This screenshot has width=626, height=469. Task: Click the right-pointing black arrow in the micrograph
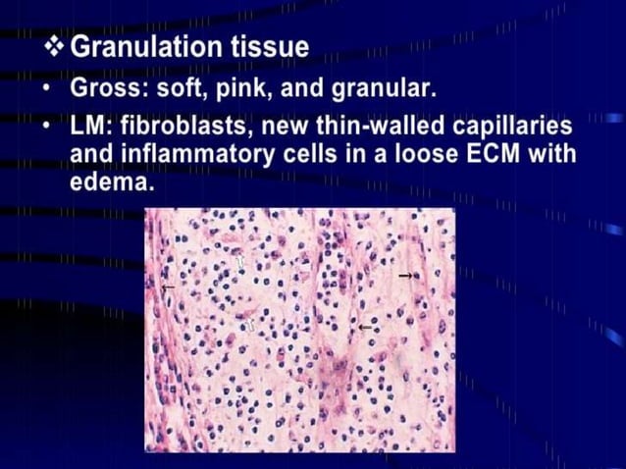point(405,277)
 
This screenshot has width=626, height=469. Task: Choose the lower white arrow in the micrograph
point(250,323)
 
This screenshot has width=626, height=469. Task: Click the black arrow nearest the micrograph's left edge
point(169,287)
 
